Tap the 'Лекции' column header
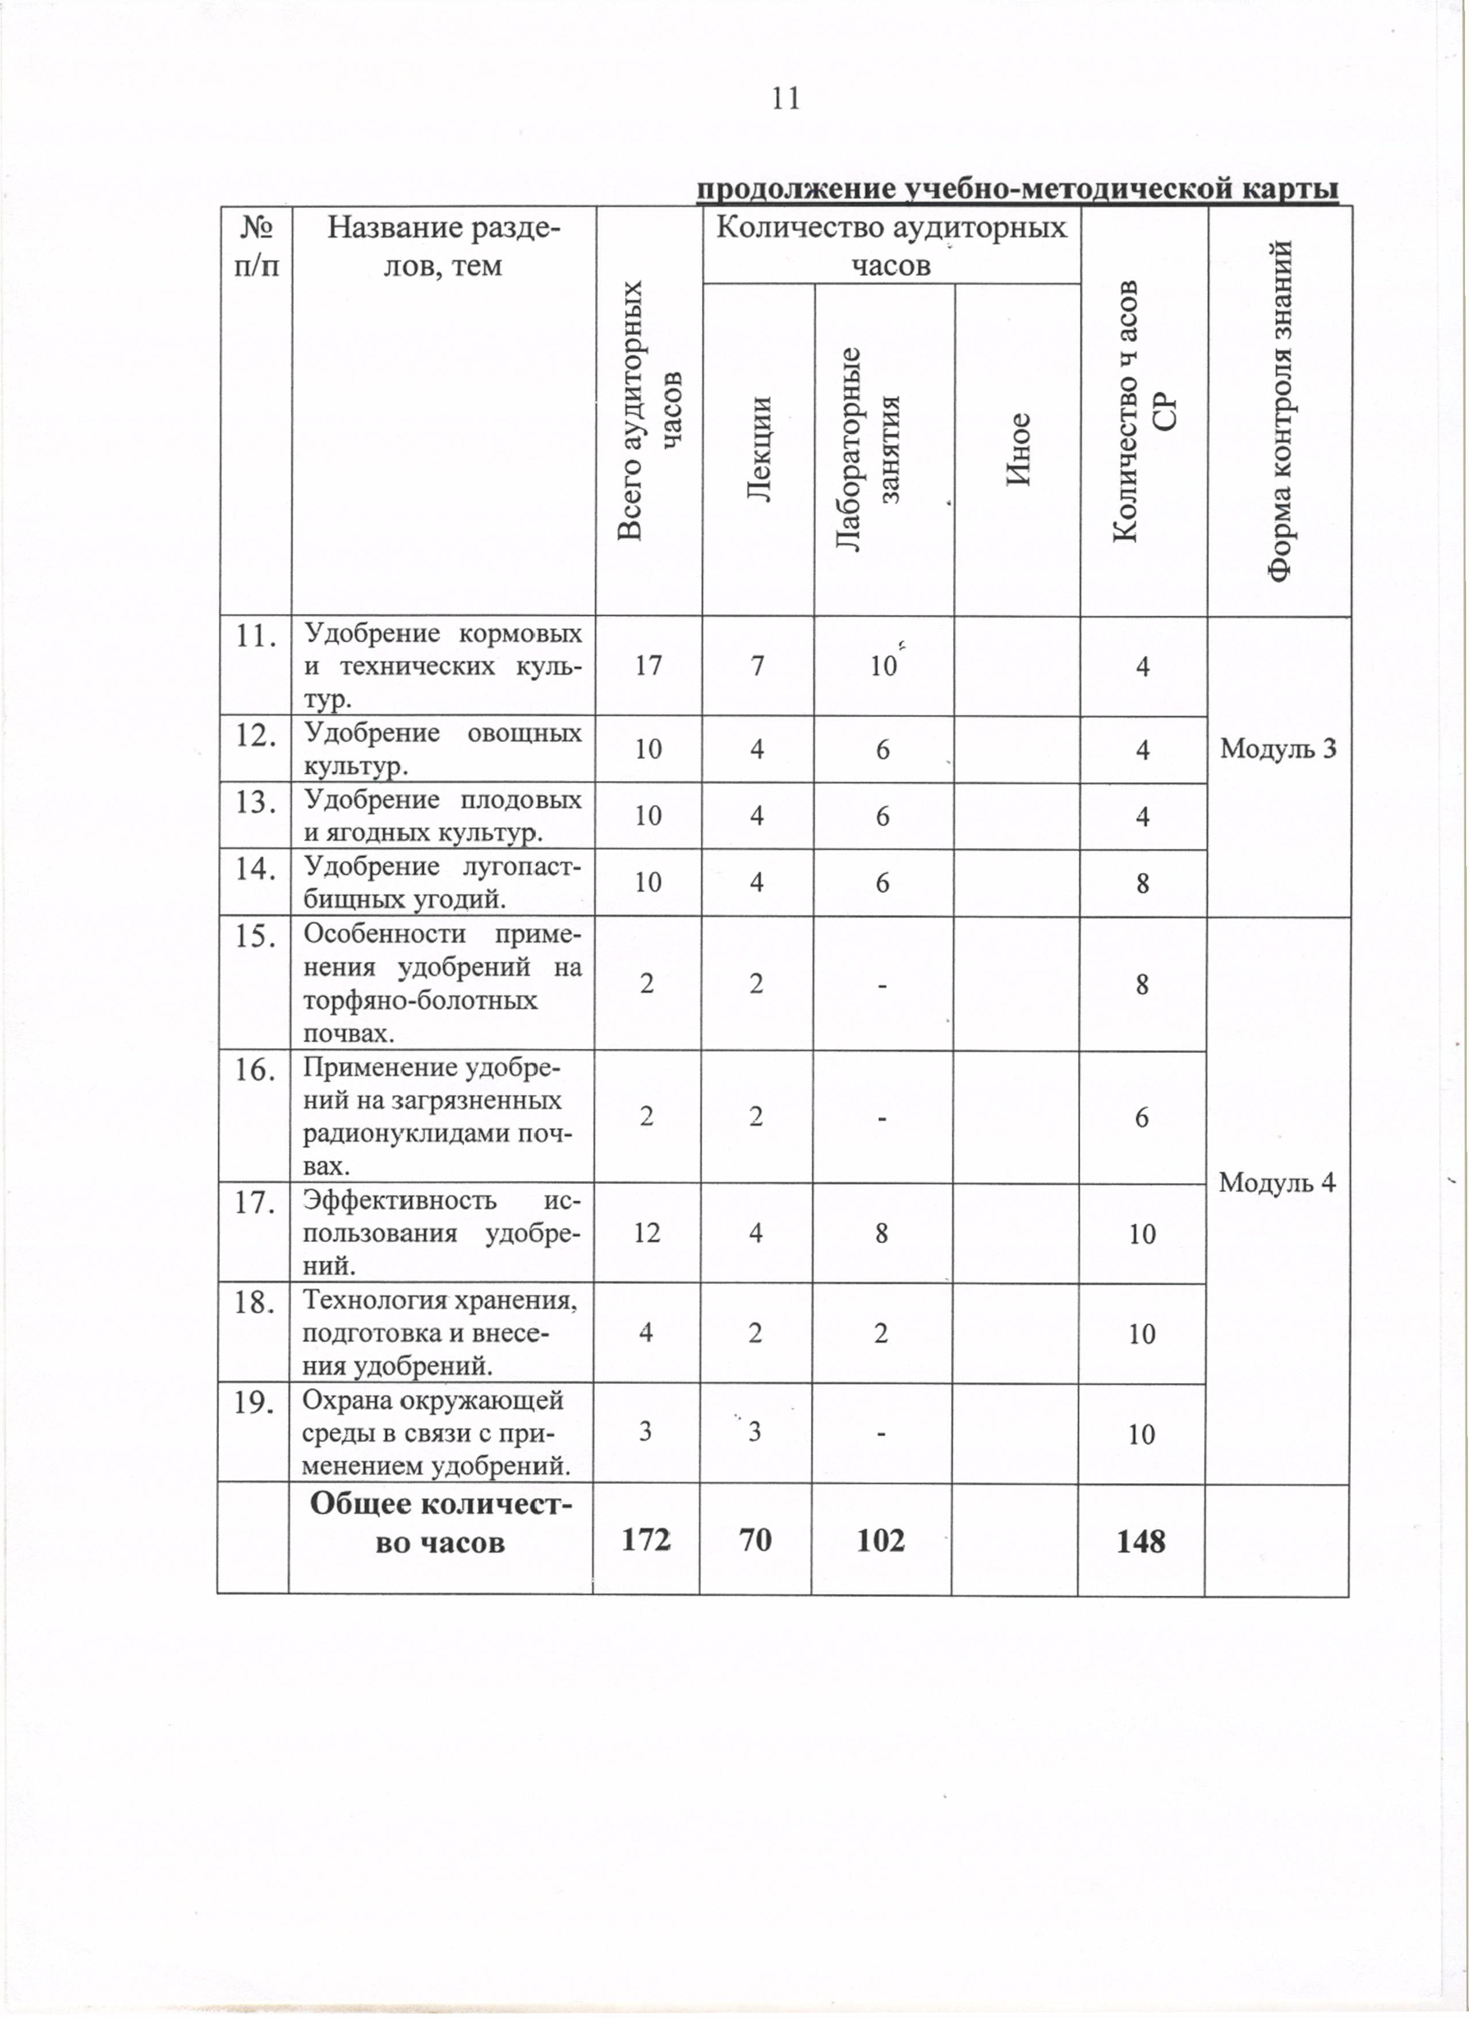(x=758, y=449)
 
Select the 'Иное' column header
(x=1017, y=449)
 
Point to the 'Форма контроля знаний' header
(x=1279, y=411)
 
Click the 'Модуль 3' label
(x=1278, y=748)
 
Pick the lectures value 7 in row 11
(x=757, y=666)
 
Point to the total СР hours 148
(x=1141, y=1540)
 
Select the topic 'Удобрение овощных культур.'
(x=443, y=748)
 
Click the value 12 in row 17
(x=647, y=1232)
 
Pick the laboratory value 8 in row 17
(x=881, y=1232)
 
